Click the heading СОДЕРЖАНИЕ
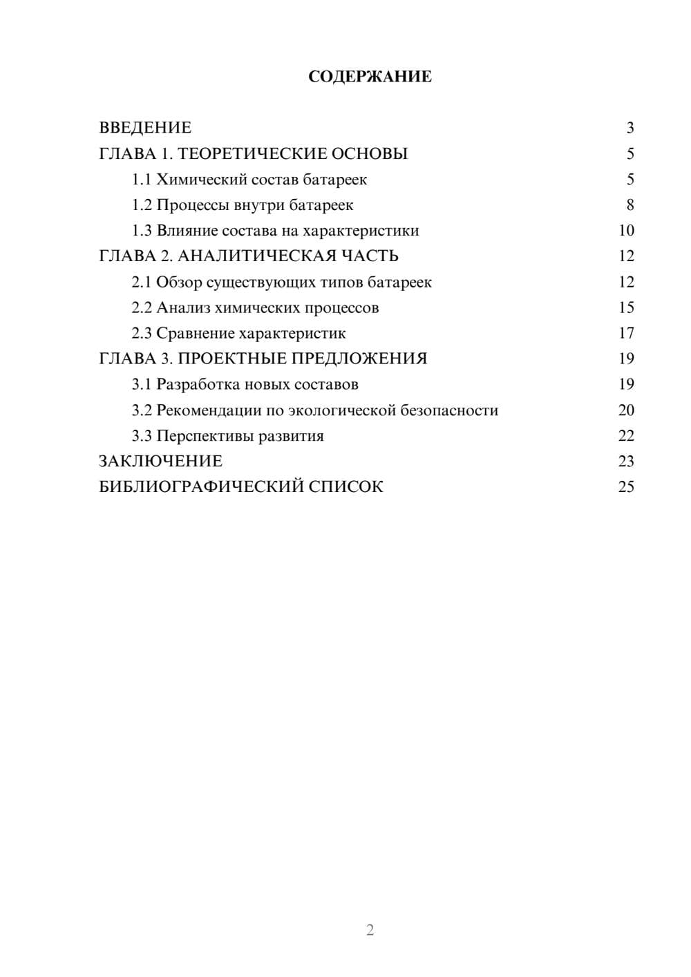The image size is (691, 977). coord(370,77)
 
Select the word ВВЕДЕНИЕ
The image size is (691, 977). coord(145,128)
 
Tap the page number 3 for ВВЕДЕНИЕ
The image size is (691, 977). coord(630,128)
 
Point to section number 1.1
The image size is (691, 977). coord(142,180)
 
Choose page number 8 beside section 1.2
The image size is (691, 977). coord(630,205)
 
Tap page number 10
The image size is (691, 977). coord(626,231)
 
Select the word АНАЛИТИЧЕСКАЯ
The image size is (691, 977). coord(255,256)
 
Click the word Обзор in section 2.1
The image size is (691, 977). coord(179,282)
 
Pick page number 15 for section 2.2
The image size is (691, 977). coord(626,307)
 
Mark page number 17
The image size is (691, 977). coord(626,334)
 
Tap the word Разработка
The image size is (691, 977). coord(198,384)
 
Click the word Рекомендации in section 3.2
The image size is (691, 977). coord(209,410)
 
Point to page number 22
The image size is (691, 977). coord(626,436)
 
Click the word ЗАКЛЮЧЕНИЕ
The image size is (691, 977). coord(160,461)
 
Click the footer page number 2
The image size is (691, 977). coord(370,930)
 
